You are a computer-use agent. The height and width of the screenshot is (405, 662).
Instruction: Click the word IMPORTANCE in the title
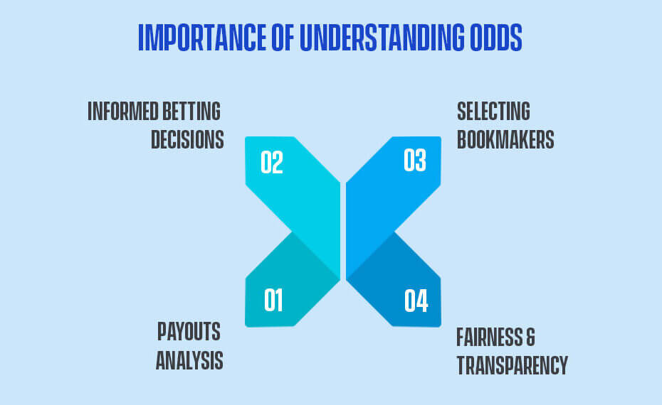pos(202,37)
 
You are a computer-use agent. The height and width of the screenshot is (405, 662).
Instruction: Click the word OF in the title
pos(283,37)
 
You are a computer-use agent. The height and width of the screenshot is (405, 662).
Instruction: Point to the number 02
pos(271,162)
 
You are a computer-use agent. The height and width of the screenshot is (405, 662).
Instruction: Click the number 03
pos(414,160)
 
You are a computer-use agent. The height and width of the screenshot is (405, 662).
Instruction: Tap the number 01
pos(273,300)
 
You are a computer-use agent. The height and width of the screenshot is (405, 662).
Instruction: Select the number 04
pos(416,301)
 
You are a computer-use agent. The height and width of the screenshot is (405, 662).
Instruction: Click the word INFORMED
pos(123,112)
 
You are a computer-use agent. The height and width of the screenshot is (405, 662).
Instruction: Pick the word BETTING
pos(191,112)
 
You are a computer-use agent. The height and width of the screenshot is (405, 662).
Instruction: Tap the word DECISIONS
pos(187,139)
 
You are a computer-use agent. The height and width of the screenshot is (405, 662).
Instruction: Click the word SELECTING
pos(493,112)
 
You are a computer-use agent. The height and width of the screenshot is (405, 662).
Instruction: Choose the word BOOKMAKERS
pos(505,139)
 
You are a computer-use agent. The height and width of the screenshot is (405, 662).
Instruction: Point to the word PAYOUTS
pos(189,332)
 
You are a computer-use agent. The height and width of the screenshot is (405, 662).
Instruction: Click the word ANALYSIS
pos(189,360)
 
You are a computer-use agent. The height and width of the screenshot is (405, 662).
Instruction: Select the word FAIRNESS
pos(489,337)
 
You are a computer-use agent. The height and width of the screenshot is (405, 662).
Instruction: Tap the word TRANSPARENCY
pos(513,365)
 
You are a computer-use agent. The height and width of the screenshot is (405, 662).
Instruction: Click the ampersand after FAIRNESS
pos(531,337)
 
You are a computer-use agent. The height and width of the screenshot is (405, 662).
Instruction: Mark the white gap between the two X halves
pos(343,231)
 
